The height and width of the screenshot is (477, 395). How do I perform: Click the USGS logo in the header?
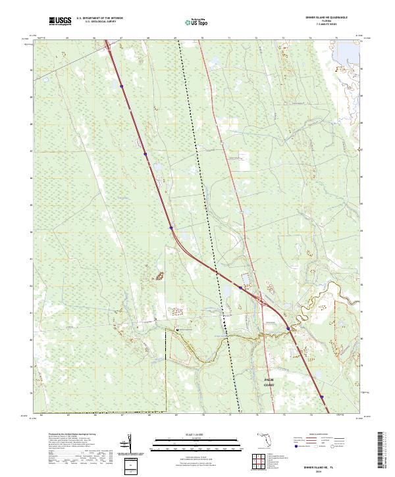[x=60, y=22]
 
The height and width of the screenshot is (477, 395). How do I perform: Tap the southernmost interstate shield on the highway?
[x=322, y=397]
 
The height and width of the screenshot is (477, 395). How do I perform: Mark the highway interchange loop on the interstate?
[x=264, y=302]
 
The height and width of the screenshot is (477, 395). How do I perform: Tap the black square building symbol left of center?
[x=176, y=329]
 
